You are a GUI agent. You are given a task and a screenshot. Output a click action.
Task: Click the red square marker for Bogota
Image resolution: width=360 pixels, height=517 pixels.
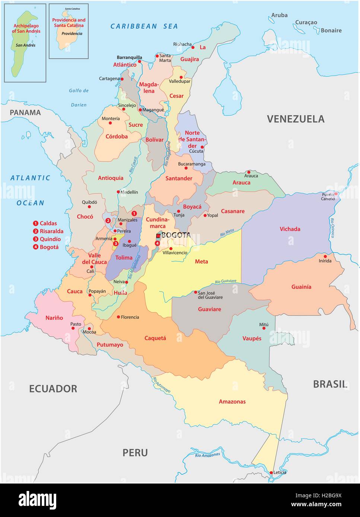(x=158, y=236)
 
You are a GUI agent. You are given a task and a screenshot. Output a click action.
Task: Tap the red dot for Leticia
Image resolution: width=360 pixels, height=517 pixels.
(x=271, y=473)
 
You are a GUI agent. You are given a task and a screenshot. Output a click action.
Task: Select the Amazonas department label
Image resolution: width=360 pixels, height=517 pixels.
(x=232, y=402)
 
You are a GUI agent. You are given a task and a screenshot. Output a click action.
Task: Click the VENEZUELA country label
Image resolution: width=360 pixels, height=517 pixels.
(x=296, y=119)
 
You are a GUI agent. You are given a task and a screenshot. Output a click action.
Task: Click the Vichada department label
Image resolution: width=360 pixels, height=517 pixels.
(x=290, y=229)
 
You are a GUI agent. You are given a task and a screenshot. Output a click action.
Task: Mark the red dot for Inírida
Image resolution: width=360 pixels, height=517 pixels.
(x=325, y=256)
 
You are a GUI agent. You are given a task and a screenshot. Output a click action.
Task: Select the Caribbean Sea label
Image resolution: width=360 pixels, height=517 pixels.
(x=144, y=26)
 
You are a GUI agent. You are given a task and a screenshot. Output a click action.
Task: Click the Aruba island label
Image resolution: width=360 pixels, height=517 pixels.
(x=279, y=15)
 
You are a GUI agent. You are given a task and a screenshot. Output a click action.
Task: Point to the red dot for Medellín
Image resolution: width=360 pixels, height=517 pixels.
(x=118, y=192)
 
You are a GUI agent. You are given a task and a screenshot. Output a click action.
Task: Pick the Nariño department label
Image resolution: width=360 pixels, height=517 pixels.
(x=54, y=318)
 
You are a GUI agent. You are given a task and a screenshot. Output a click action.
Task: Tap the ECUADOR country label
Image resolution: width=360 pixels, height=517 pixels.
(x=53, y=389)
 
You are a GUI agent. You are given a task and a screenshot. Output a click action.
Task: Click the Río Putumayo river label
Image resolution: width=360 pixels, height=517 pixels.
(x=161, y=385)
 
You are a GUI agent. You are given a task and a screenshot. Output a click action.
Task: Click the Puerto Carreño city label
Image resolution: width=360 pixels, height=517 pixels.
(x=328, y=197)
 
